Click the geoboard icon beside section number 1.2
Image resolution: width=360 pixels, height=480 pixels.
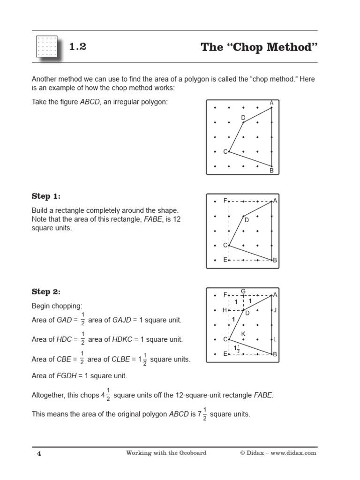tap(46, 47)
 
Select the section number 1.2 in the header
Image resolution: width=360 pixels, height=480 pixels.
tap(78, 47)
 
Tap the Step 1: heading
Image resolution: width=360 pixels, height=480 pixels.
tap(46, 196)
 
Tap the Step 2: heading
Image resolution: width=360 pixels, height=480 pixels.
tap(46, 292)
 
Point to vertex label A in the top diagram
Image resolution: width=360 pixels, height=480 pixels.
tap(271, 103)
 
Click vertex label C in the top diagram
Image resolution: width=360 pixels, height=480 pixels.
tap(225, 151)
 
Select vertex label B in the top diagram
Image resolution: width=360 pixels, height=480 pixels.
tap(271, 171)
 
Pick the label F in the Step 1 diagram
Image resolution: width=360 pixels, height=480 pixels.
tap(225, 201)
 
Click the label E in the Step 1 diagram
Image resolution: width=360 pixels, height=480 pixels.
tap(225, 260)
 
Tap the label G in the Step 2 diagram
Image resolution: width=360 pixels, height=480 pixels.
tap(243, 292)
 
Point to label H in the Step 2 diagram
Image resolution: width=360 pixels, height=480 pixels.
tap(225, 310)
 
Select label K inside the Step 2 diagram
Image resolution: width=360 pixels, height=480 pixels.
tap(243, 333)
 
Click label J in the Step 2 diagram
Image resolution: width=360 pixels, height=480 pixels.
tap(275, 310)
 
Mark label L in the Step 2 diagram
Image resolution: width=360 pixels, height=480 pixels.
tap(275, 339)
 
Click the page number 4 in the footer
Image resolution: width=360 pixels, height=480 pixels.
tap(39, 453)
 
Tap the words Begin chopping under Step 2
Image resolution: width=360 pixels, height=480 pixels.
tap(56, 306)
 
